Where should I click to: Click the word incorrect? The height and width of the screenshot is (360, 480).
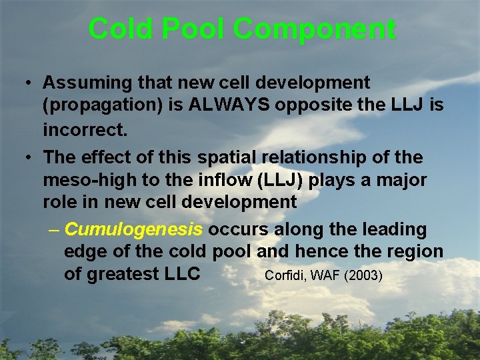(x=85, y=129)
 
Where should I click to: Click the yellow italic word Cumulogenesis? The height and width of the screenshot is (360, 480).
(x=133, y=229)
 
